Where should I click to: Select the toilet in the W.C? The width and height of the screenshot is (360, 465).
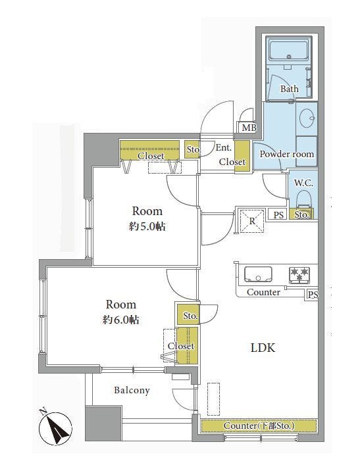point(303,199)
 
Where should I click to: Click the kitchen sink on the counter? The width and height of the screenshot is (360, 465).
point(258,274)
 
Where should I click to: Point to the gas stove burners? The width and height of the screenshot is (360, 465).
point(299,275)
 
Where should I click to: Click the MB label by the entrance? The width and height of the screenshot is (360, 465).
point(249,128)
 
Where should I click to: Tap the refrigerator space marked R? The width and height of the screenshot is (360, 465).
point(252,221)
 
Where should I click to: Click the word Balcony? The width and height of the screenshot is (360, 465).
point(132,390)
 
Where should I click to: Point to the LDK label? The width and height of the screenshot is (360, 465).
point(263,347)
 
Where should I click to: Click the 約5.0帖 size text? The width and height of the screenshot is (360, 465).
point(147,226)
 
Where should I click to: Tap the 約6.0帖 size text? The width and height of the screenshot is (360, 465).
point(121,320)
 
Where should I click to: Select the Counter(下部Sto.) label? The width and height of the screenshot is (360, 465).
point(259,426)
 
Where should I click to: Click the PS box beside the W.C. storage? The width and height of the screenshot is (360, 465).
point(278,214)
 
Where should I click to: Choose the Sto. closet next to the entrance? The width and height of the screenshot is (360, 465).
point(193,149)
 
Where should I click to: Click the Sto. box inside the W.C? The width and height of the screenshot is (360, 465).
point(301,214)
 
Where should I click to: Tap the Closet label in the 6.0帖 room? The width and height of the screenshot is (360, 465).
point(181,346)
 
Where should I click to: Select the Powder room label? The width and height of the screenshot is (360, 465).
point(287,154)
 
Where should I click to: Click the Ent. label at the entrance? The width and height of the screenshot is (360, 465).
point(223,148)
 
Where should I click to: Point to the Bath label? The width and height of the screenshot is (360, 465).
point(290,89)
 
